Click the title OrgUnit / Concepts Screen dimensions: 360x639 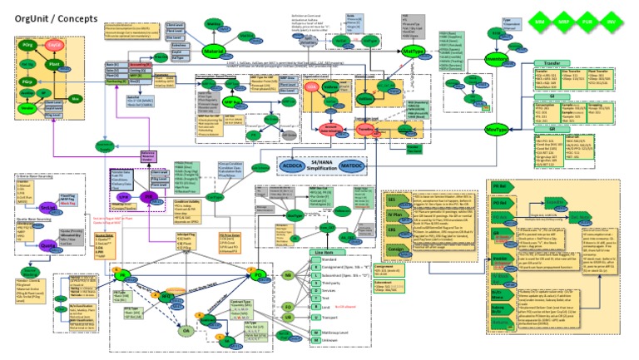pyautogui.click(x=50, y=17)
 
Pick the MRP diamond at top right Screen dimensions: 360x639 pyautogui.click(x=565, y=17)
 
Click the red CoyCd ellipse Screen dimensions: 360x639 pyautogui.click(x=55, y=43)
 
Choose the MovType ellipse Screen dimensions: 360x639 pyautogui.click(x=497, y=131)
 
